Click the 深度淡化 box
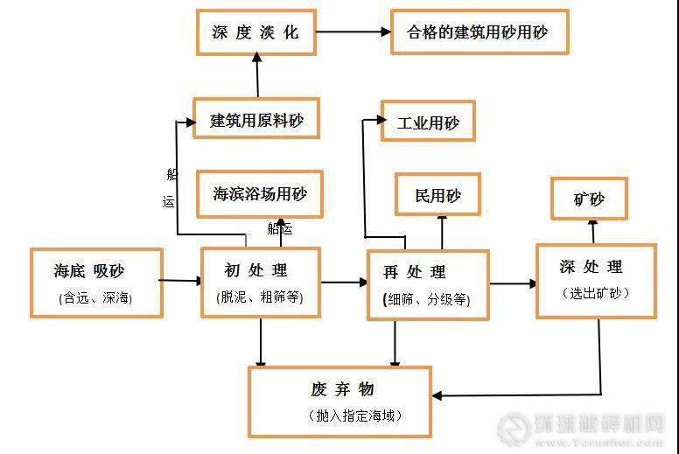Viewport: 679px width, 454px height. (x=255, y=32)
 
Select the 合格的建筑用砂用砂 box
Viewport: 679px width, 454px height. (x=479, y=32)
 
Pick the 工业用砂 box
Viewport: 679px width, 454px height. (x=428, y=122)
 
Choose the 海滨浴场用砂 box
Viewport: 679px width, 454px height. (x=260, y=194)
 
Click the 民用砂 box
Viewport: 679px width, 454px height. (x=437, y=194)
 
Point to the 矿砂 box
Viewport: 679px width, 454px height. (x=589, y=199)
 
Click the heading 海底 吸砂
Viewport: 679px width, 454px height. (x=94, y=271)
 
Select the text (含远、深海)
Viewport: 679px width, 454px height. (x=94, y=297)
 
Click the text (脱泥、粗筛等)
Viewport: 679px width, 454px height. (x=260, y=297)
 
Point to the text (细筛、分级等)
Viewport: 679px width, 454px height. (x=426, y=299)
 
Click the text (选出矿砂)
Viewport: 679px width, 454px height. (x=595, y=293)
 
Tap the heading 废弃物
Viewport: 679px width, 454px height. (x=341, y=388)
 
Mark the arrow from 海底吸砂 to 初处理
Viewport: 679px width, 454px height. (x=180, y=281)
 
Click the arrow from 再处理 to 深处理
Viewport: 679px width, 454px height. (x=513, y=283)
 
